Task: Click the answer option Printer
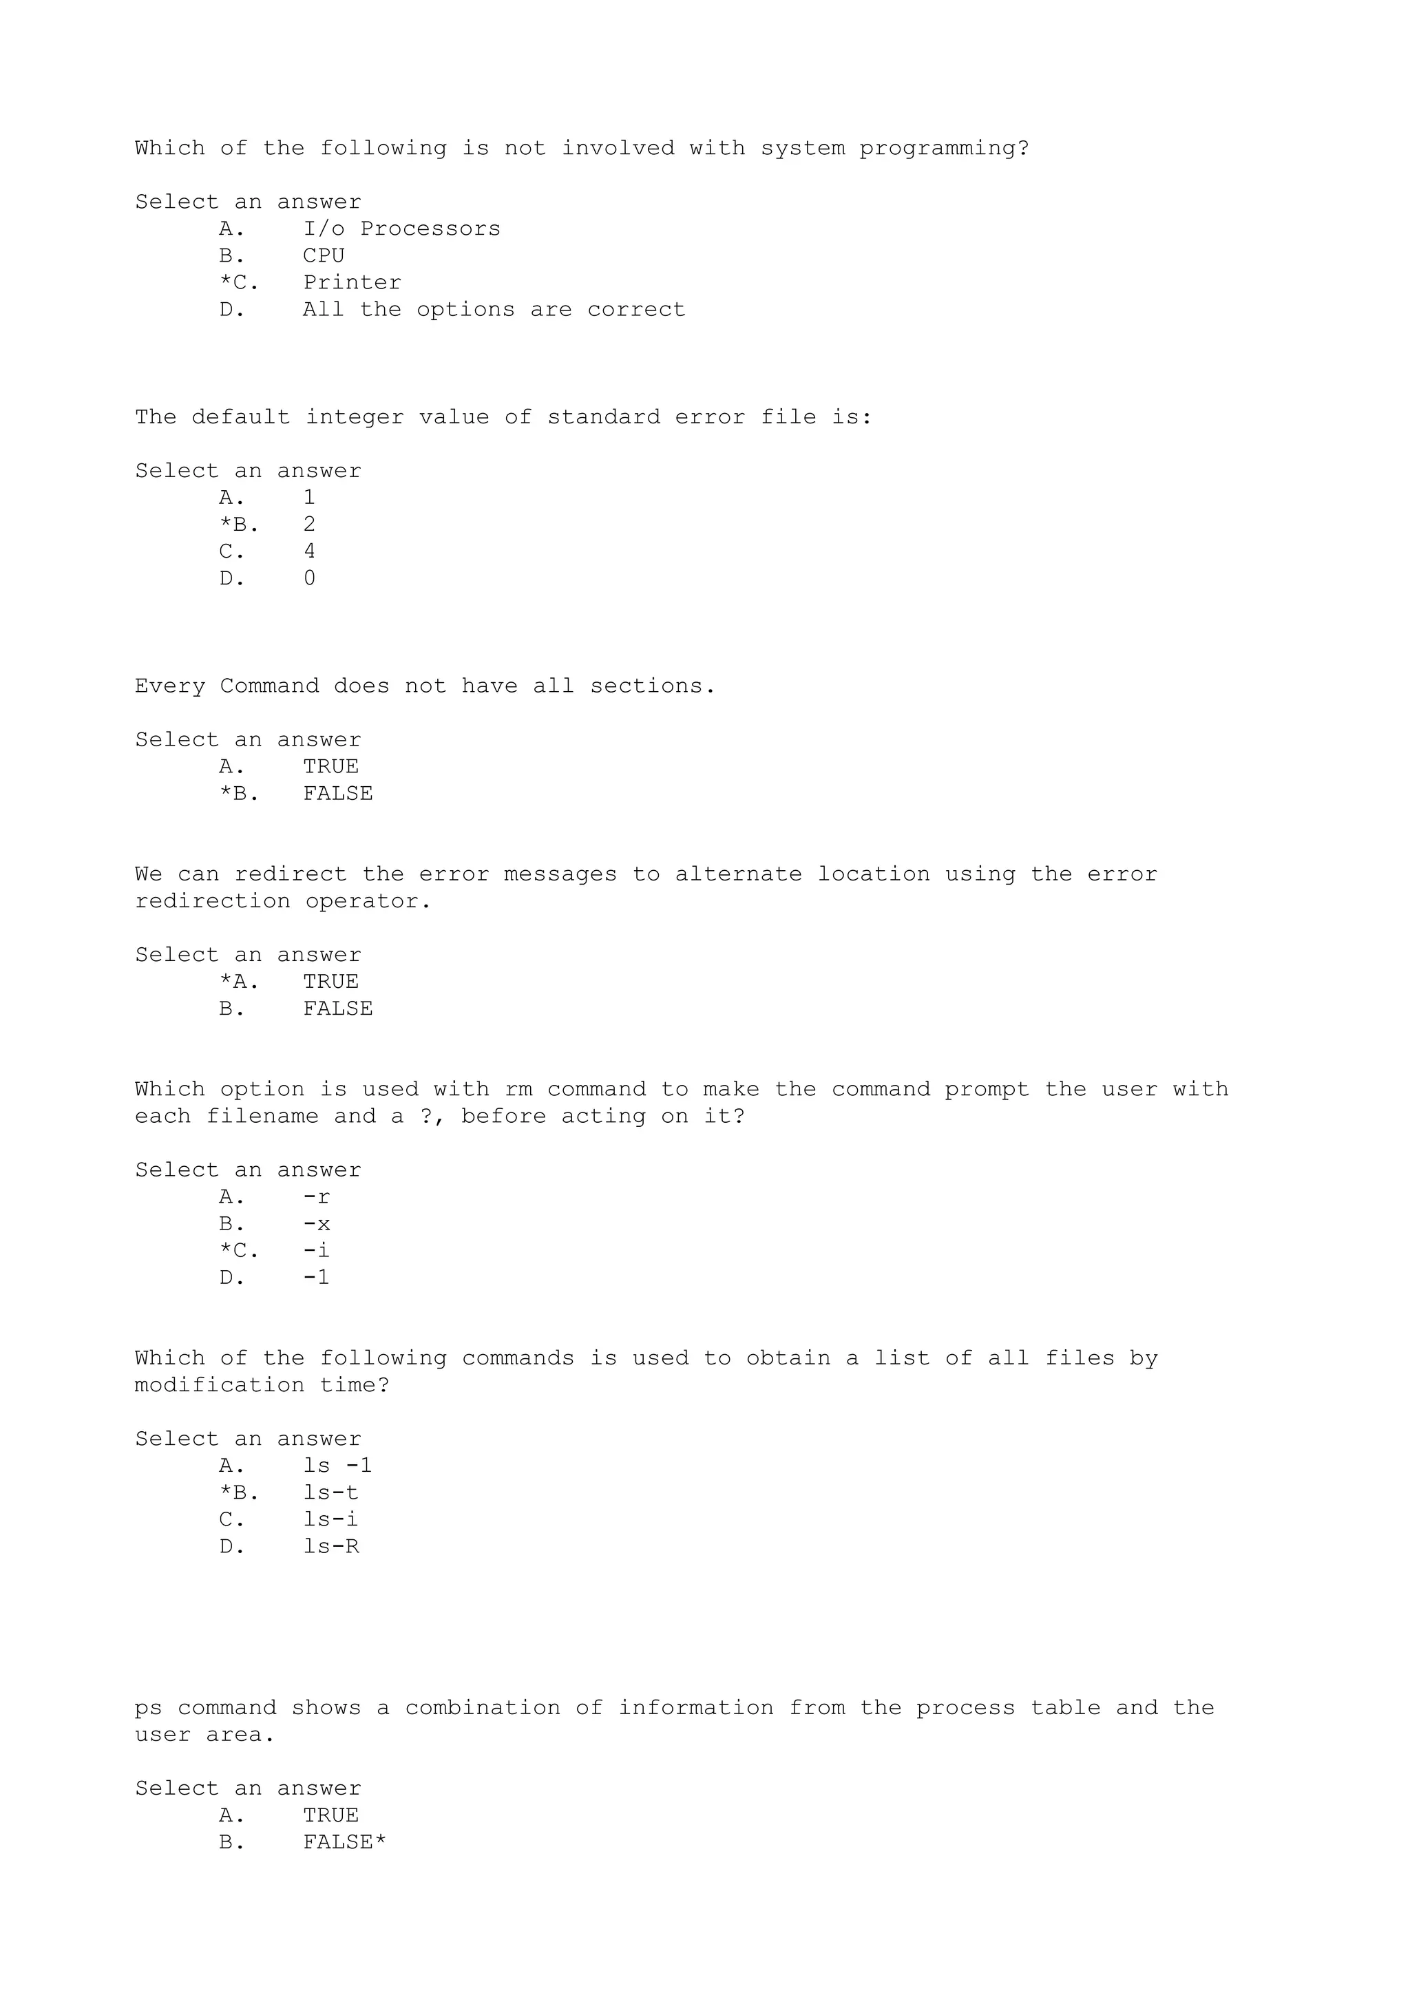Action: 352,282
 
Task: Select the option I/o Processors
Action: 401,229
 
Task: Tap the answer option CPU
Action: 323,255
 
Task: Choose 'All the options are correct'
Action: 494,309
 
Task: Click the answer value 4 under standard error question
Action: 309,551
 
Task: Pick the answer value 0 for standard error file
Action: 309,578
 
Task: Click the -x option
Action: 316,1223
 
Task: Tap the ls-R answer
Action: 331,1547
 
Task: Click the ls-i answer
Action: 330,1520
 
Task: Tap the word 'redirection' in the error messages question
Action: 212,901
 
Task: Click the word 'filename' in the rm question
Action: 262,1116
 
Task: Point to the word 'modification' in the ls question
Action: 219,1385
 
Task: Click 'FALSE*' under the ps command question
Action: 344,1842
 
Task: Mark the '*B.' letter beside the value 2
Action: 239,524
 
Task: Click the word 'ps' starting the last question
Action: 149,1708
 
